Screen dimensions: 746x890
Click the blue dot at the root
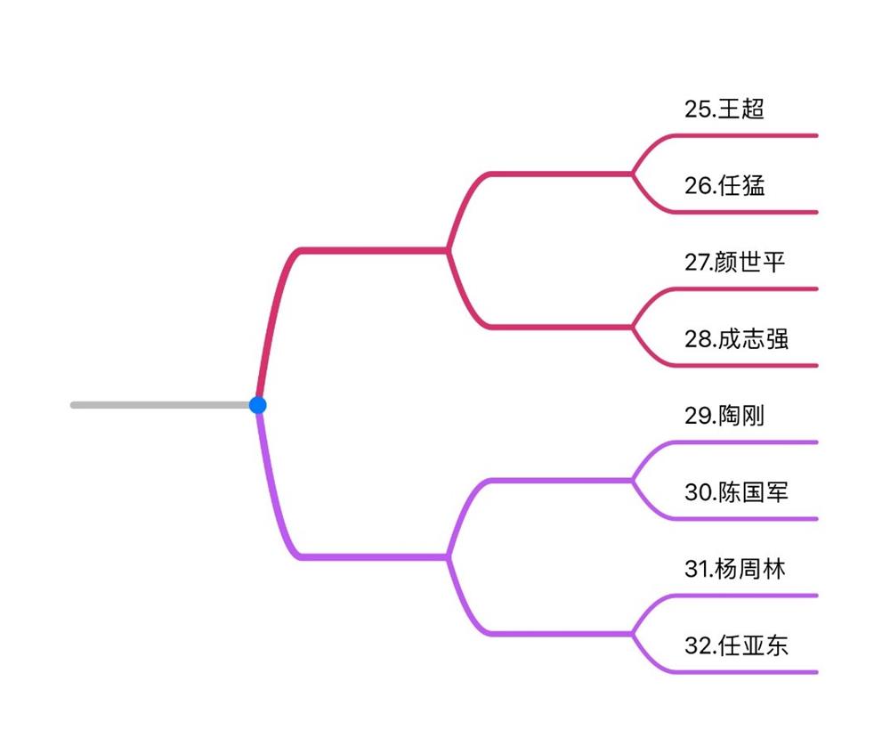pos(258,405)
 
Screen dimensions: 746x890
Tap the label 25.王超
pos(724,109)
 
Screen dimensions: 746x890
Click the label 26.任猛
pos(724,186)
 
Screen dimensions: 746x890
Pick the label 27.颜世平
pos(735,263)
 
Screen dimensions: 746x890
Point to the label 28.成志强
pos(736,339)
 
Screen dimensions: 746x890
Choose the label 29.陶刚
pos(724,416)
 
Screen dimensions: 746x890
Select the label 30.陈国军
pos(736,492)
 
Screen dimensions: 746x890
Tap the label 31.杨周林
pos(735,569)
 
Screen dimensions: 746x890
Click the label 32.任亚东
pos(736,645)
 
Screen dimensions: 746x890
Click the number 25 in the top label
pos(697,109)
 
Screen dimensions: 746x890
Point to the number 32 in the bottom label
pos(697,645)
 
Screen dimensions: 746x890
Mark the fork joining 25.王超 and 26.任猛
pos(633,174)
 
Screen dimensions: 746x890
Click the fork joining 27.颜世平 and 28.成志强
pos(633,327)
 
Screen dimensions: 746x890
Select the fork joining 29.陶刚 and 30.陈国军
pos(633,480)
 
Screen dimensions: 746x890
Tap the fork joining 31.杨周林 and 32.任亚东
pos(633,633)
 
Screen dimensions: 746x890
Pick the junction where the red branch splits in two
pos(448,250)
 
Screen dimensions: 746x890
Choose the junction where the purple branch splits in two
pos(448,556)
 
